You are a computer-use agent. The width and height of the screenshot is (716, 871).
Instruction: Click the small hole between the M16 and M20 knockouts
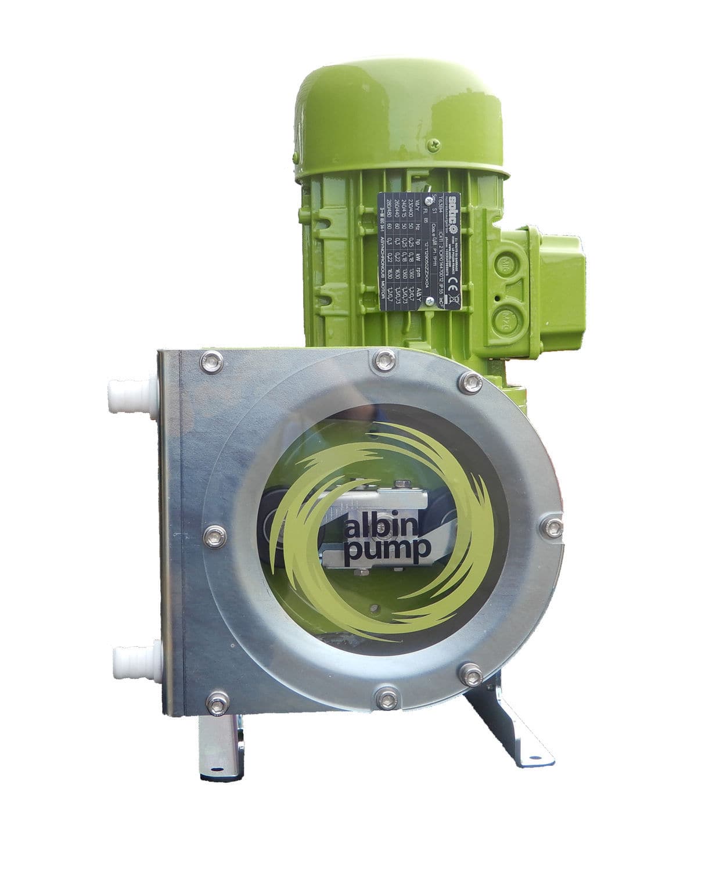496,298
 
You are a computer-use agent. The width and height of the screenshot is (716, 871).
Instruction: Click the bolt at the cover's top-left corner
211,363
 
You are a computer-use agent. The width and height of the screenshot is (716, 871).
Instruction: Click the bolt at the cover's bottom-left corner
217,704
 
